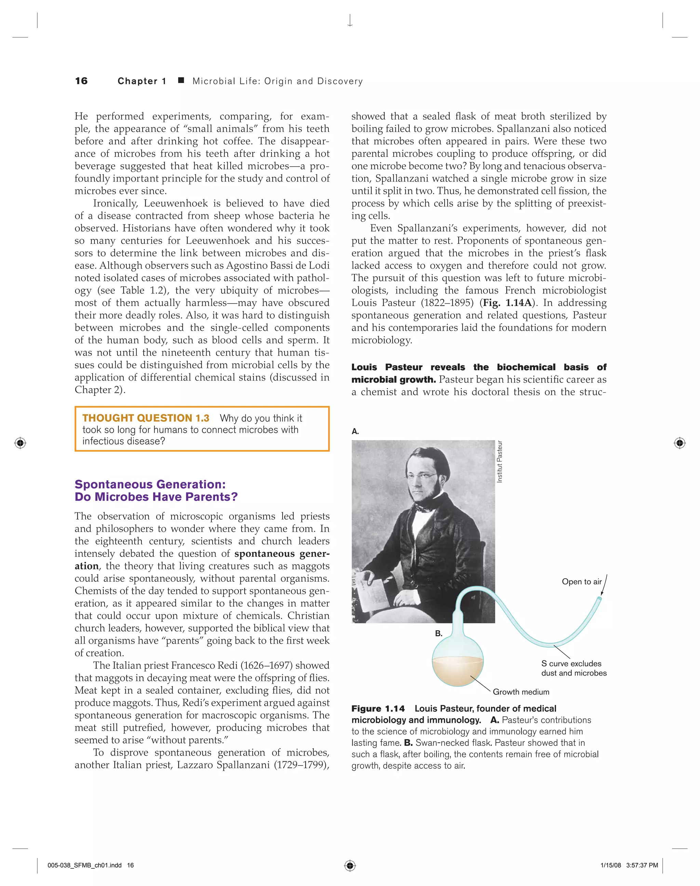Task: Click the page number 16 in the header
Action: (x=81, y=81)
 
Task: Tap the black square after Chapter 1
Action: (x=181, y=80)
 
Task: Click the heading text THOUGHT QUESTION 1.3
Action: (x=146, y=418)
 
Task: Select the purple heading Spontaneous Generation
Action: (x=150, y=484)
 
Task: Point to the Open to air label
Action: (x=581, y=582)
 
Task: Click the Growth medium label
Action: (x=521, y=692)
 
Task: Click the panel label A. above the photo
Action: (x=355, y=431)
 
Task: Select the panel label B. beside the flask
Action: (x=439, y=633)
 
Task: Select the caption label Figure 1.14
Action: (x=378, y=709)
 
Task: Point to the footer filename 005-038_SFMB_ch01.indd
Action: (x=84, y=866)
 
